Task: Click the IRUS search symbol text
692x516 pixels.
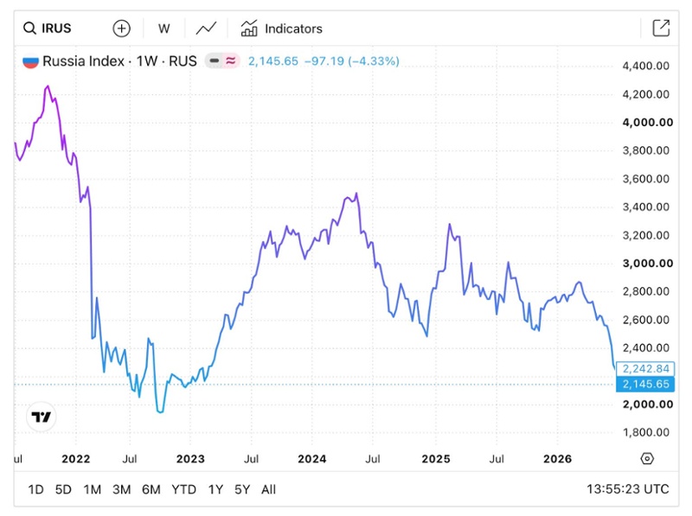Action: point(56,29)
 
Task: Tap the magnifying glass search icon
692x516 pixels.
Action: point(29,29)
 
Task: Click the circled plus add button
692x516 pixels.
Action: point(121,29)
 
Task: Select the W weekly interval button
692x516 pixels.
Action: point(163,29)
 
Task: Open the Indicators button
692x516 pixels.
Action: point(282,29)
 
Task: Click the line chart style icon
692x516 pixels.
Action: point(206,29)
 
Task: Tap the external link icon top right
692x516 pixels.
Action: point(661,29)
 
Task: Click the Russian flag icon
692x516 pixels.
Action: point(30,61)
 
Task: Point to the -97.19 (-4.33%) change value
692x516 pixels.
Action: point(352,61)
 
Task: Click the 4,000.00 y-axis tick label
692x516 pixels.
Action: point(647,122)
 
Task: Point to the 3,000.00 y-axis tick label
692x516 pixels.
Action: point(647,264)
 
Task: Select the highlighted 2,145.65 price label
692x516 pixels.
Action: point(645,384)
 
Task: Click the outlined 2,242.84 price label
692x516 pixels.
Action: point(645,369)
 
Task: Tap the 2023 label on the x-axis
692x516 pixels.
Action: point(190,459)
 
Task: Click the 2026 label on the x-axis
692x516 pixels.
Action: point(557,459)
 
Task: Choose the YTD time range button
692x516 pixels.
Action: point(183,489)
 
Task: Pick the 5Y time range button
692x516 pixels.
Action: point(242,489)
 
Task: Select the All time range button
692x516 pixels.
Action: point(268,489)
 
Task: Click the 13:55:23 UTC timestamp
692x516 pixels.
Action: point(628,489)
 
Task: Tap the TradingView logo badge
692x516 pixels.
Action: point(42,417)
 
